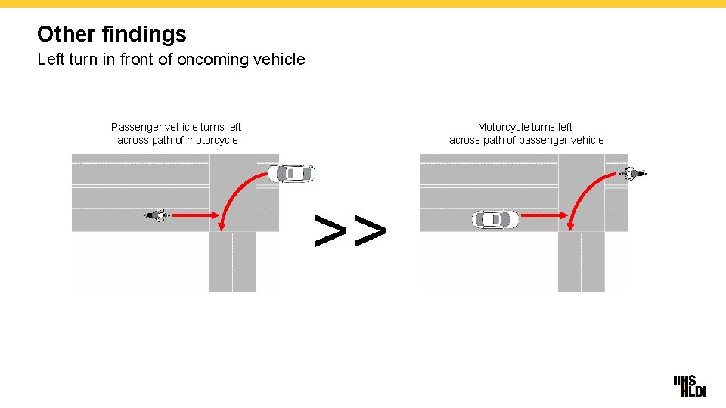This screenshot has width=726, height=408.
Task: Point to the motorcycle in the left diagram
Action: [157, 216]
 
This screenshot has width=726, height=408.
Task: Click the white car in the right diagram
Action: [495, 220]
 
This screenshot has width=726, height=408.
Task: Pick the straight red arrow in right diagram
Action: [544, 216]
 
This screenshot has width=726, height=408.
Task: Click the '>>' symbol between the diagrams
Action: [350, 231]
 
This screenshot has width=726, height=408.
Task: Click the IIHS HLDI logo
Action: [690, 385]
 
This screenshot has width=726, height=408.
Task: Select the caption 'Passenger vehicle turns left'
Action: [176, 127]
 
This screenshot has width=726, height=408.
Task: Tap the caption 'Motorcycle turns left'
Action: [525, 127]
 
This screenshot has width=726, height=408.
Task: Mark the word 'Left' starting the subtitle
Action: [51, 59]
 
